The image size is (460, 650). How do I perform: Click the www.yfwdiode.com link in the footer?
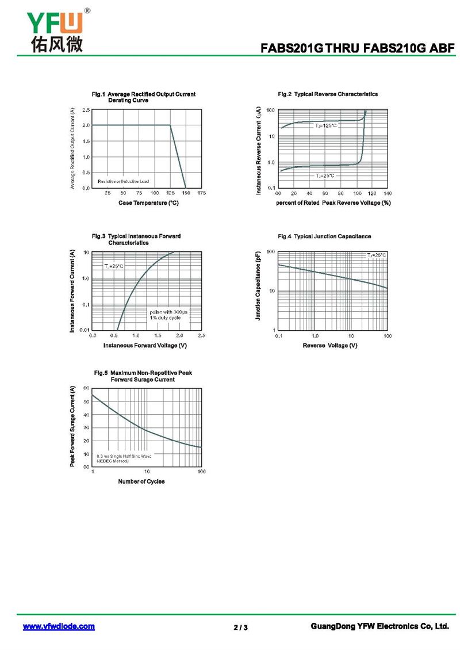tap(59, 626)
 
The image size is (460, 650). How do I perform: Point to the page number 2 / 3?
tap(240, 627)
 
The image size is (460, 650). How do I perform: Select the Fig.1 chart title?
tap(144, 97)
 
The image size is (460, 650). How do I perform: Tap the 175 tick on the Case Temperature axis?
tap(201, 193)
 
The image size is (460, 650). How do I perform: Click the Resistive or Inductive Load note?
tap(123, 181)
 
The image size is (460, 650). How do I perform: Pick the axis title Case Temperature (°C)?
tap(148, 202)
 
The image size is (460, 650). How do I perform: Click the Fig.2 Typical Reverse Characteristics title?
tap(328, 94)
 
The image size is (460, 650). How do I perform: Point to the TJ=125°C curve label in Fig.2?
tap(325, 125)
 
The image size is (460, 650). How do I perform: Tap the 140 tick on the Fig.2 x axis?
tap(388, 193)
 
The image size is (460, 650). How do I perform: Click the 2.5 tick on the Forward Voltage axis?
tap(201, 335)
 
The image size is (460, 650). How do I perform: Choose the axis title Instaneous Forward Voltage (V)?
tap(145, 345)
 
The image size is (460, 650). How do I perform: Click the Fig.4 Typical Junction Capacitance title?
tap(324, 236)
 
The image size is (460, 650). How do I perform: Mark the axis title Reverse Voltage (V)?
tap(330, 345)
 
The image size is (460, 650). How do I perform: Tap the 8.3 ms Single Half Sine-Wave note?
tap(124, 458)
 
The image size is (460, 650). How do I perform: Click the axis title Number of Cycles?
tap(141, 481)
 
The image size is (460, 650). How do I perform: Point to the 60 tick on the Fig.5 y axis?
tap(86, 388)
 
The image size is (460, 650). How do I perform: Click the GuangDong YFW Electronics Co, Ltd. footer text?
tap(379, 626)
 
